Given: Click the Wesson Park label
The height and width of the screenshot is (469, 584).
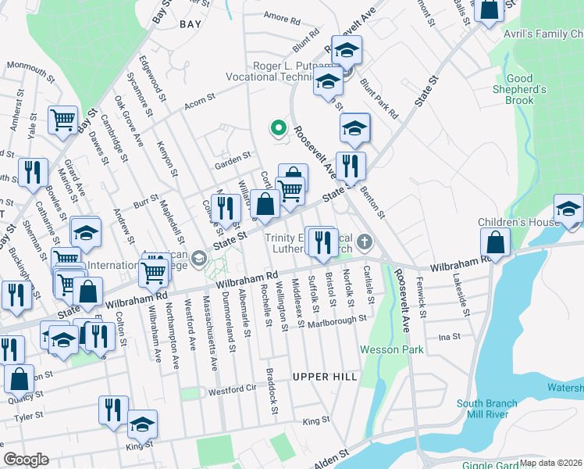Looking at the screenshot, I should (391, 349).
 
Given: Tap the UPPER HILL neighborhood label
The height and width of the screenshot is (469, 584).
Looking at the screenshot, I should (325, 377).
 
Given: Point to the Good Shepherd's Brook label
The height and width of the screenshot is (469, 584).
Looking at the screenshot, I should (530, 89).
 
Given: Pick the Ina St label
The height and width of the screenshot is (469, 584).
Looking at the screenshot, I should (450, 337).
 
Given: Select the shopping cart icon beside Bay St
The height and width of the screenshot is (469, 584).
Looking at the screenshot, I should (62, 121).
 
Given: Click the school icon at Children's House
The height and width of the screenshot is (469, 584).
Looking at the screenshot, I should (568, 210).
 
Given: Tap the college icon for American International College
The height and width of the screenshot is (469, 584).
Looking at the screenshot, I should (199, 257).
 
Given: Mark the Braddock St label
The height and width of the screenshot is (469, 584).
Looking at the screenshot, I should (271, 387).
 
